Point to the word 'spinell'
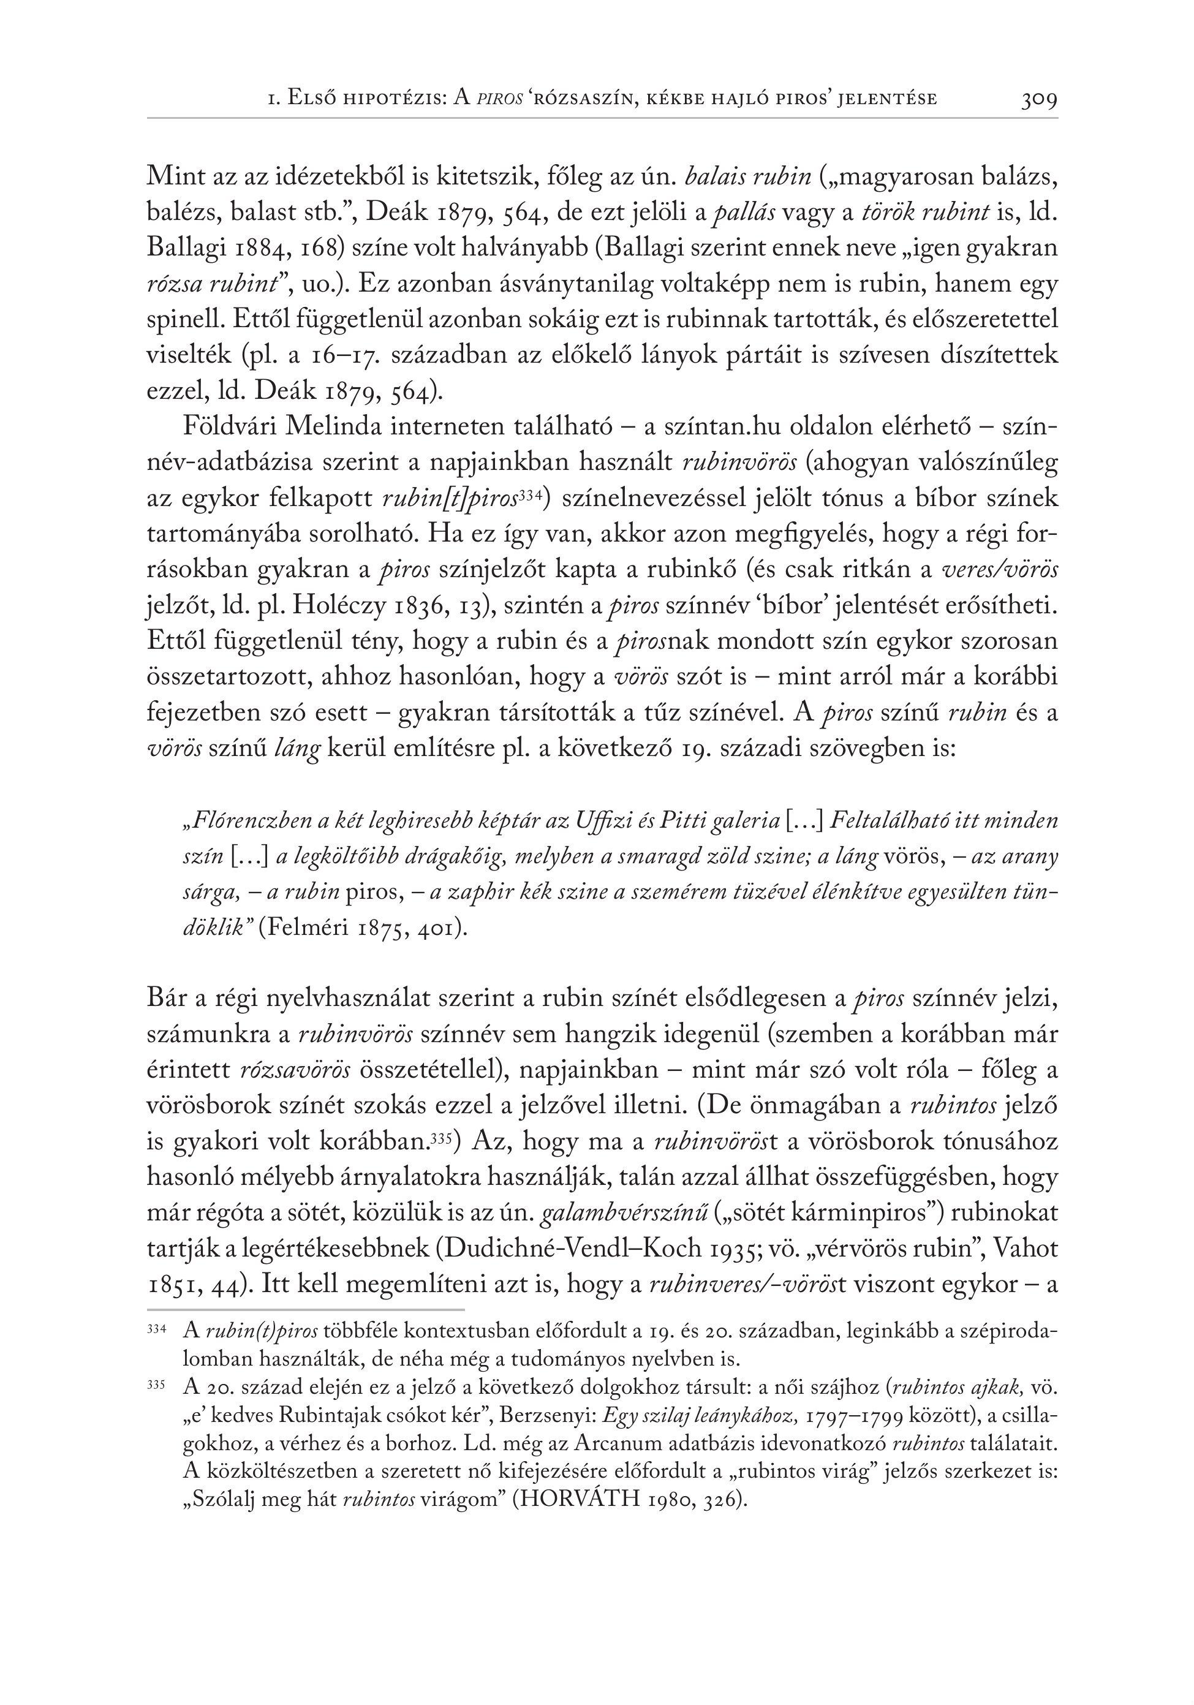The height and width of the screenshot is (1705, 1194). click(x=185, y=319)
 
